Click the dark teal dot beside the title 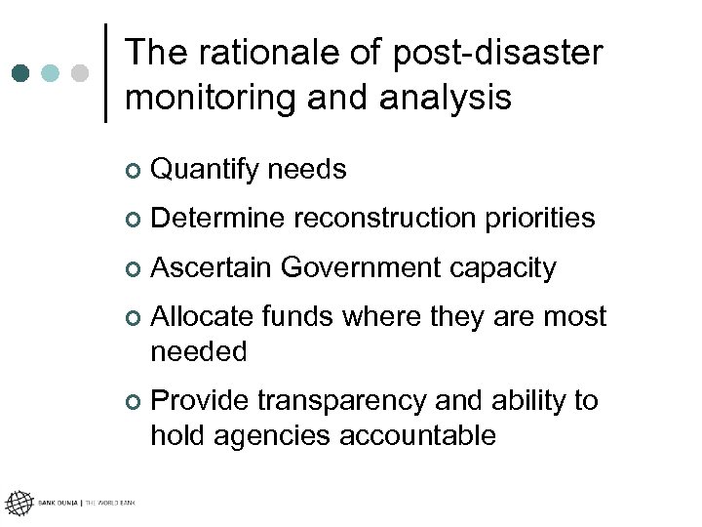pos(20,73)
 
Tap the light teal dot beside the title pos(50,73)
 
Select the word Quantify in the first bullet pos(206,171)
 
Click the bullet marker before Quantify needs pos(133,172)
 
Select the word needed pos(199,351)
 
